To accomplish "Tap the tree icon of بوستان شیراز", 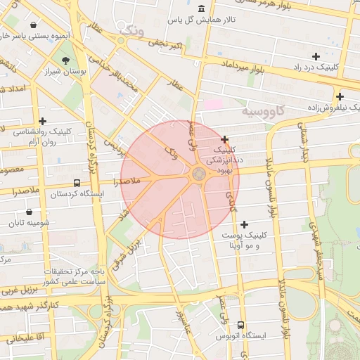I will coord(65,60).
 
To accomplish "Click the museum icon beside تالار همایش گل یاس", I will coord(202,8).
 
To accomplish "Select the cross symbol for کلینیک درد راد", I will coord(316,56).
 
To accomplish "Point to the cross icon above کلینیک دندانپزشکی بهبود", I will coord(224,139).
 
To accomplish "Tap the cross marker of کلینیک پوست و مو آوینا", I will coord(244,224).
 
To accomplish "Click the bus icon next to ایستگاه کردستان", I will coord(75,184).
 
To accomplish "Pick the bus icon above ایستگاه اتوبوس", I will coord(241,326).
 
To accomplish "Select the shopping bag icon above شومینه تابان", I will coord(29,212).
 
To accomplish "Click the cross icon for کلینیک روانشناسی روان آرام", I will coord(43,121).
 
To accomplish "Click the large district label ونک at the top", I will coord(134,30).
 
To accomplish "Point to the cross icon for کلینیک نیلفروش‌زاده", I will coord(340,96).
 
